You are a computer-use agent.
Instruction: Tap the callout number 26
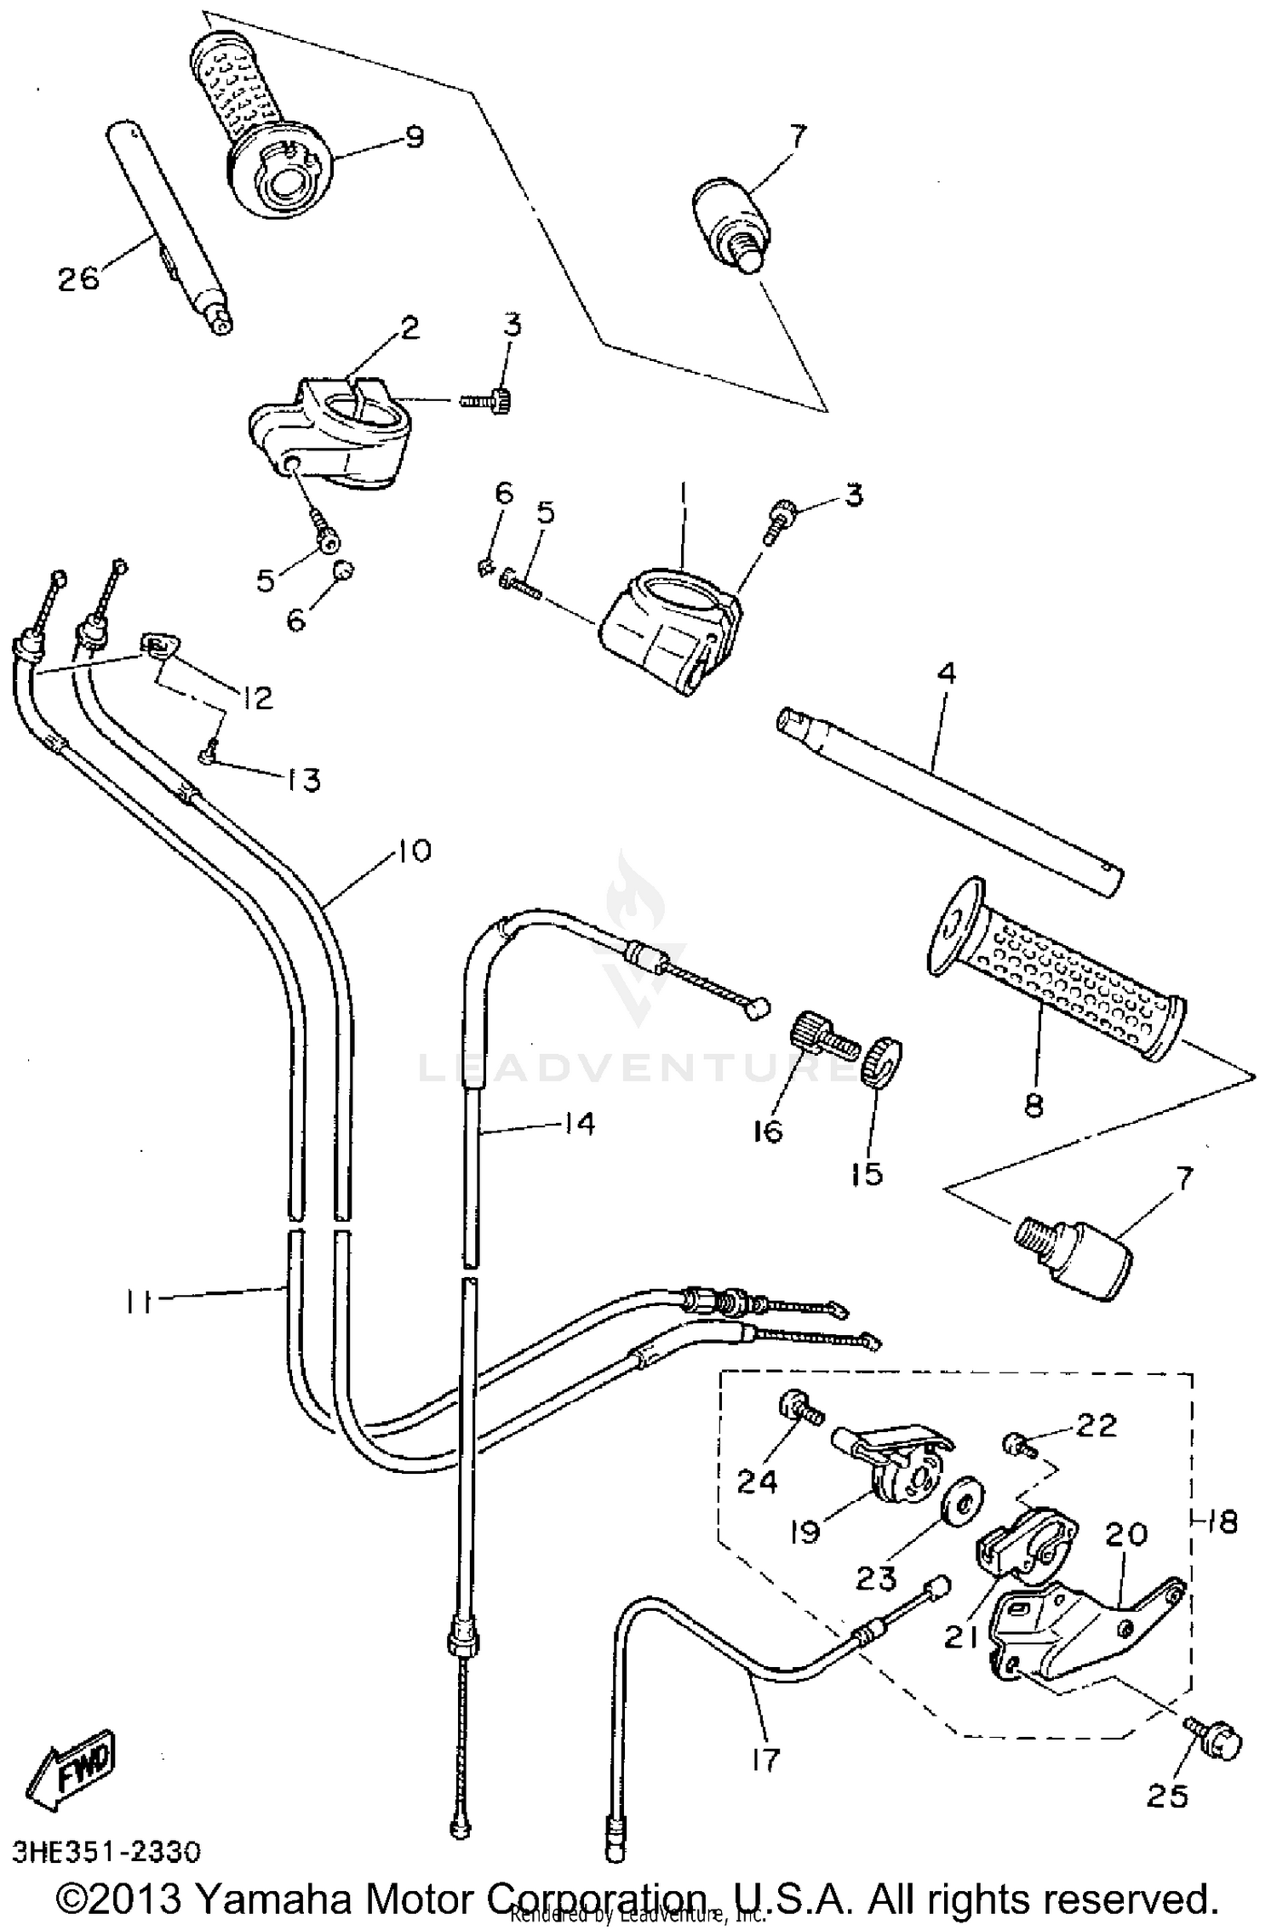[x=78, y=278]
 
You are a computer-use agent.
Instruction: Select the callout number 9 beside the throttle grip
[x=414, y=137]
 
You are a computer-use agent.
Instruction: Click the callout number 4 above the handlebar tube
[x=946, y=673]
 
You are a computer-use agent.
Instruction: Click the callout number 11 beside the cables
[x=139, y=1301]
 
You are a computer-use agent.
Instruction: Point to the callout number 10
[x=415, y=850]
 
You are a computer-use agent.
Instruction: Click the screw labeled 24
[x=798, y=1408]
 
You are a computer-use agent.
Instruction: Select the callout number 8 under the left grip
[x=1034, y=1105]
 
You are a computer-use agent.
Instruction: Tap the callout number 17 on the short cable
[x=765, y=1760]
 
